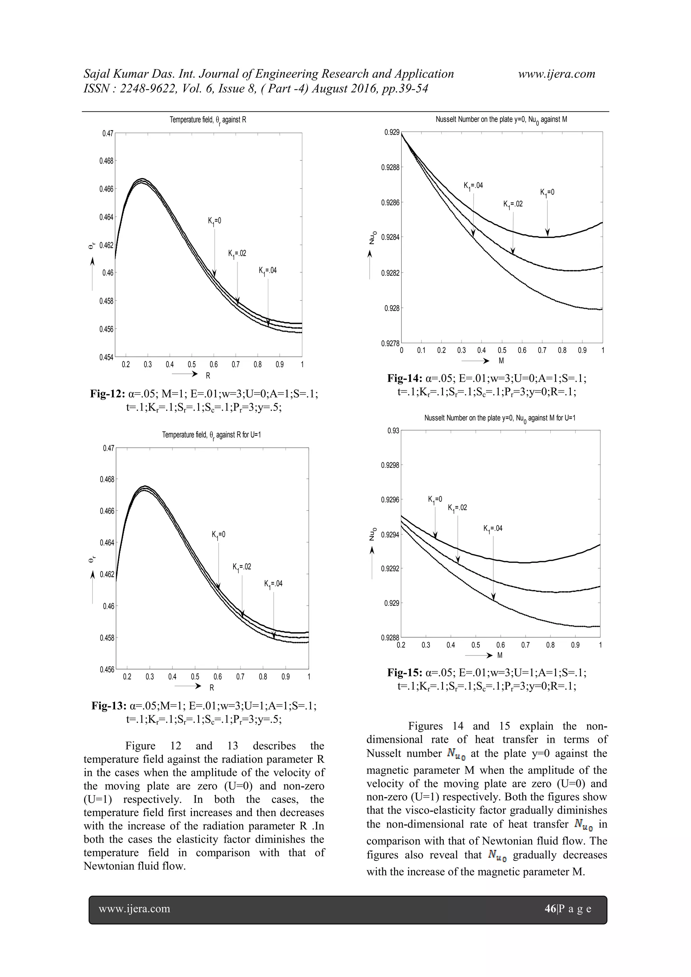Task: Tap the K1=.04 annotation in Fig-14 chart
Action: coord(473,186)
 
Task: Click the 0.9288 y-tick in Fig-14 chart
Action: coord(390,168)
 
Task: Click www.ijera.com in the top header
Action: coord(556,74)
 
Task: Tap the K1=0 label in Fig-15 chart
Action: coord(435,499)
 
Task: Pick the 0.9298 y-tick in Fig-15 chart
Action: coord(390,465)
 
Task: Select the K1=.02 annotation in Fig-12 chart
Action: coord(237,254)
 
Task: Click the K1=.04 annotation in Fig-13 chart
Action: coord(273,584)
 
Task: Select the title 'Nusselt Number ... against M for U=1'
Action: coord(500,418)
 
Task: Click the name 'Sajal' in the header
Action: coord(95,74)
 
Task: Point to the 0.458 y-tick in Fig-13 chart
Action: coord(107,638)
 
